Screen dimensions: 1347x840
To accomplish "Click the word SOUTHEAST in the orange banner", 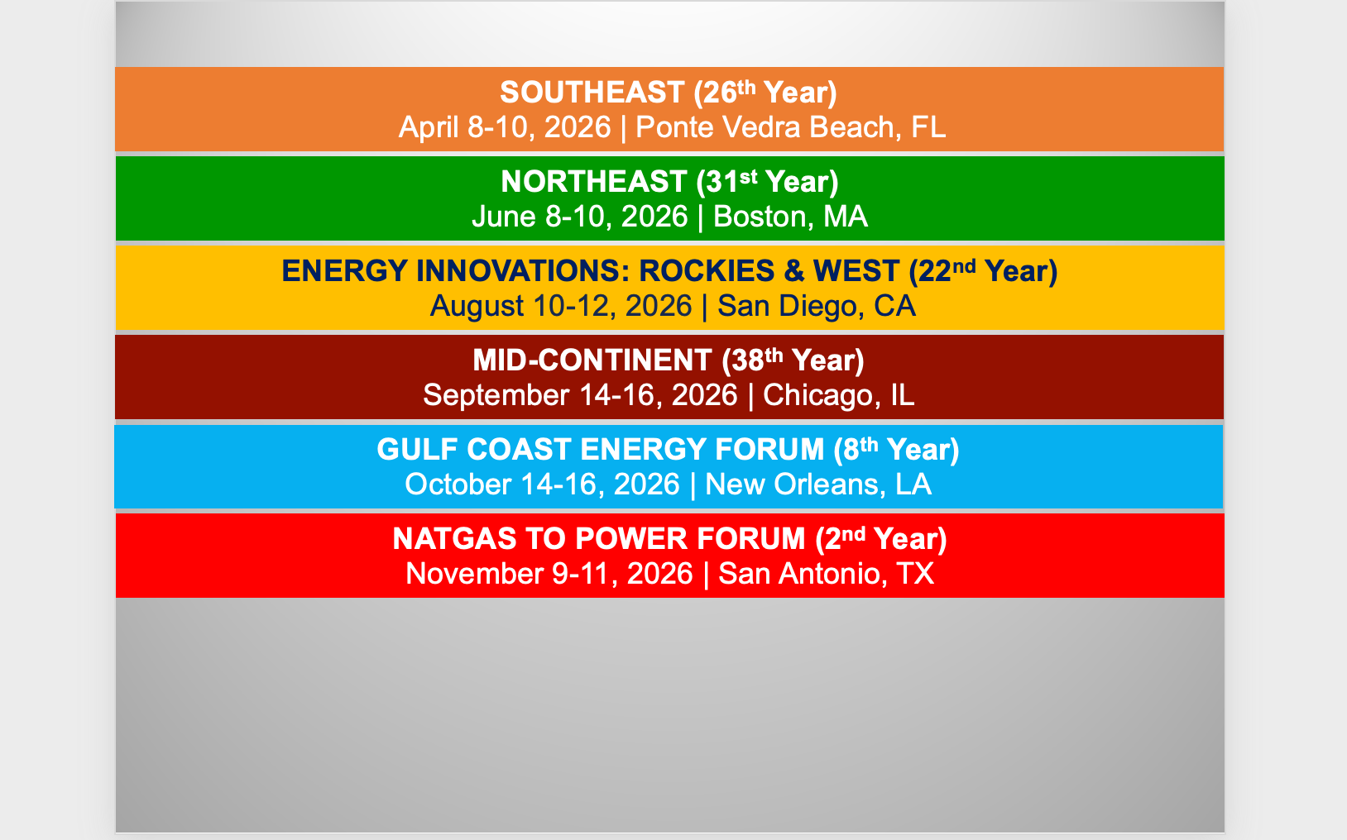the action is pos(592,93).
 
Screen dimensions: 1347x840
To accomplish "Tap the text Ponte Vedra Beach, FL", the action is pos(791,127).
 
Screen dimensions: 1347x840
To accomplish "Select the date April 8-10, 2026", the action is pos(505,127).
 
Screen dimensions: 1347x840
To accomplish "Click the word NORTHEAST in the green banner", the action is pos(594,181).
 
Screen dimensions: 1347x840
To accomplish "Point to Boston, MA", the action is pos(790,217).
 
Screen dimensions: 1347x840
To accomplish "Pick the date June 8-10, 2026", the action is pos(580,217).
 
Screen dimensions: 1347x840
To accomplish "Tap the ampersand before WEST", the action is pos(793,271).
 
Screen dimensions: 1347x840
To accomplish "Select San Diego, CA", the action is pos(817,306).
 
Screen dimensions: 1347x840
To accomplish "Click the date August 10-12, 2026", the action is pos(561,306).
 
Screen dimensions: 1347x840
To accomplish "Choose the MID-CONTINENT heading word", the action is pos(592,360).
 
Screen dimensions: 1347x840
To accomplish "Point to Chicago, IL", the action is pos(839,395).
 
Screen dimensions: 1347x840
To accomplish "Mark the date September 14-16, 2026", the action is pos(580,395).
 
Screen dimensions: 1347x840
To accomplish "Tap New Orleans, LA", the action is pos(818,484).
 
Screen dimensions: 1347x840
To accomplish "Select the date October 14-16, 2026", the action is pos(543,484).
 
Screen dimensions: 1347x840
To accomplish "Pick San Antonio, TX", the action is pos(827,573).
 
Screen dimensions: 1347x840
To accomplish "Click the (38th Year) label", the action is pos(793,360).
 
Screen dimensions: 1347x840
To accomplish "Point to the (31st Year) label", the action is pos(767,181).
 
